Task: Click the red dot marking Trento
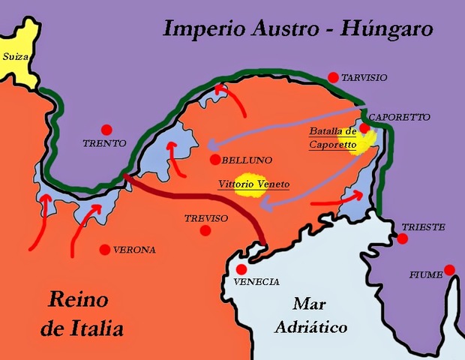[x=106, y=129]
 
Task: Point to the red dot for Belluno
[x=214, y=160]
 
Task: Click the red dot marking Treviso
[x=205, y=231]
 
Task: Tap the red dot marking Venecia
[x=241, y=269]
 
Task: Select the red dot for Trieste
[x=403, y=239]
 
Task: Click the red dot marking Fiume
[x=448, y=269]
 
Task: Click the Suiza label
[x=16, y=55]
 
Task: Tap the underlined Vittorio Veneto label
[x=253, y=184]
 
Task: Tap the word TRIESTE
[x=423, y=226]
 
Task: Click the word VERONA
[x=134, y=250]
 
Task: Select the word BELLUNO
[x=247, y=160]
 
